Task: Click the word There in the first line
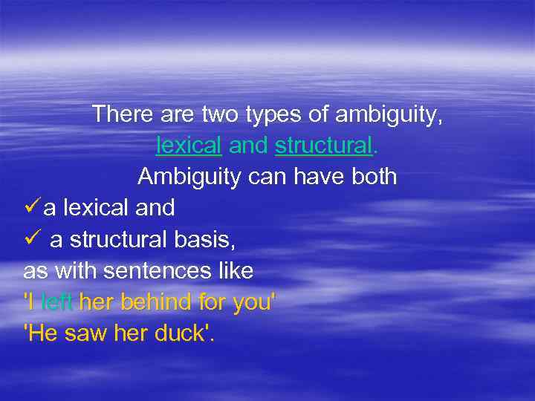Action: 119,115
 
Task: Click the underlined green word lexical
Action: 189,146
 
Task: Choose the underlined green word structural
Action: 323,146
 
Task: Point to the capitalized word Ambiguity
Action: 184,177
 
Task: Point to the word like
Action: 235,271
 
